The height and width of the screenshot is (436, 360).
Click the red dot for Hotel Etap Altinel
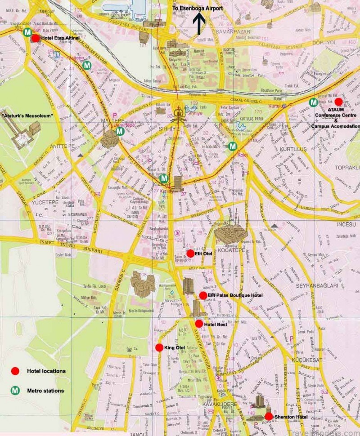pyautogui.click(x=36, y=38)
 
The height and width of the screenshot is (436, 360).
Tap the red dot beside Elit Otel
pyautogui.click(x=190, y=254)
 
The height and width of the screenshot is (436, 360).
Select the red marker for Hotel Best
pyautogui.click(x=199, y=324)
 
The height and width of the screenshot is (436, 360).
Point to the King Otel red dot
pyautogui.click(x=159, y=347)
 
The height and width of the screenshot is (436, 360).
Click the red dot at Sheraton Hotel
pyautogui.click(x=269, y=417)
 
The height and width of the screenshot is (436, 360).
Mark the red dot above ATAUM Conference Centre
pyautogui.click(x=338, y=102)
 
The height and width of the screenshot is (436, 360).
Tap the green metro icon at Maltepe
pyautogui.click(x=120, y=131)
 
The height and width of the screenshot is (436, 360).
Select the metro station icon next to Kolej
pyautogui.click(x=232, y=146)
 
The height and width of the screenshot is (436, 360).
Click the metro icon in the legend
pyautogui.click(x=15, y=391)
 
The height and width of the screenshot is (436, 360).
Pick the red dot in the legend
pyautogui.click(x=15, y=371)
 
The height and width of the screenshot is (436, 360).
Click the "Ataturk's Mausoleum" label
pyautogui.click(x=27, y=116)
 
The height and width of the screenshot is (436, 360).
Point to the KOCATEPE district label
pyautogui.click(x=231, y=250)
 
